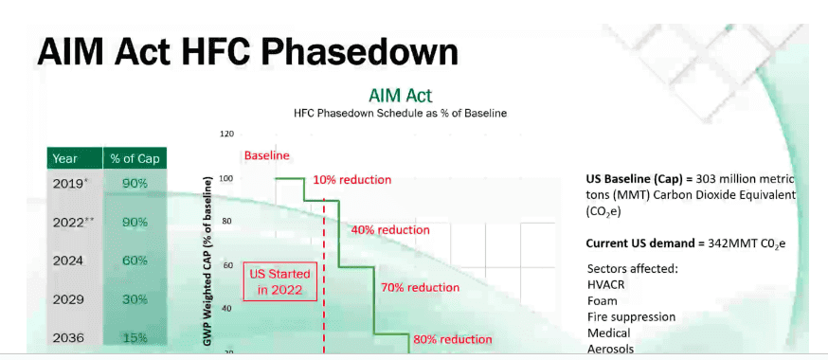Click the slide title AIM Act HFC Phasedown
point(247,52)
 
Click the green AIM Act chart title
point(400,96)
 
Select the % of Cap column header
point(135,158)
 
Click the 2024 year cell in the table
point(68,261)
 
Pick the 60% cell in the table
point(135,261)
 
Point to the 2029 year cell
point(68,299)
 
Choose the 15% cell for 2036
point(135,338)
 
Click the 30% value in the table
point(135,299)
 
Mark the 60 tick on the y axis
point(227,265)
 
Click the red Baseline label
point(266,155)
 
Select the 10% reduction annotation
point(352,179)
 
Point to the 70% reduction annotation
point(420,288)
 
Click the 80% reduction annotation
point(453,339)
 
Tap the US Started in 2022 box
point(279,281)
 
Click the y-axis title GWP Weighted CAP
point(207,262)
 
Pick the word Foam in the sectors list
point(602,301)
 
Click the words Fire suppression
point(631,317)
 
